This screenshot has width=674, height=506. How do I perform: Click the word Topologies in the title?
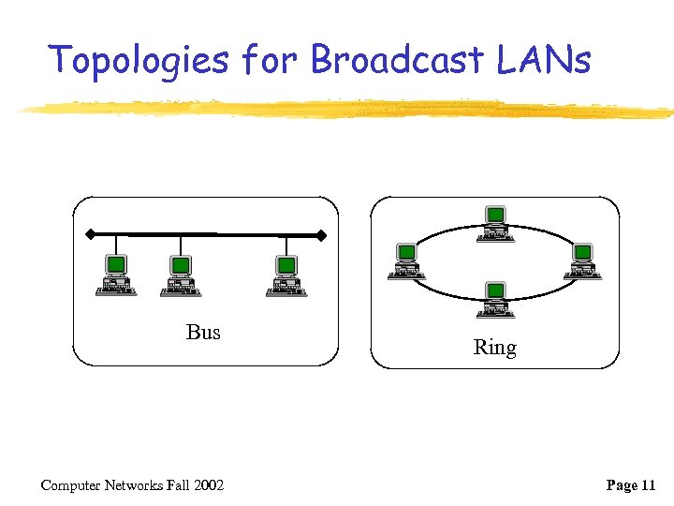coord(139,60)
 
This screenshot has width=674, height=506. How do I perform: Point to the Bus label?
coord(203,332)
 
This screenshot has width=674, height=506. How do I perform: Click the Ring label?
coord(494,348)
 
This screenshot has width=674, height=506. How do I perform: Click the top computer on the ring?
coord(494,223)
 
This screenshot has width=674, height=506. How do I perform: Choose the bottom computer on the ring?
coord(494,299)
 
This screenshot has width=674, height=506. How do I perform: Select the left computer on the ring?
coord(406,260)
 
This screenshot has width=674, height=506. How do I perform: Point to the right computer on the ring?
coord(581,260)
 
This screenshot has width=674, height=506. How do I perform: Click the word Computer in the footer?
coord(70,484)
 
